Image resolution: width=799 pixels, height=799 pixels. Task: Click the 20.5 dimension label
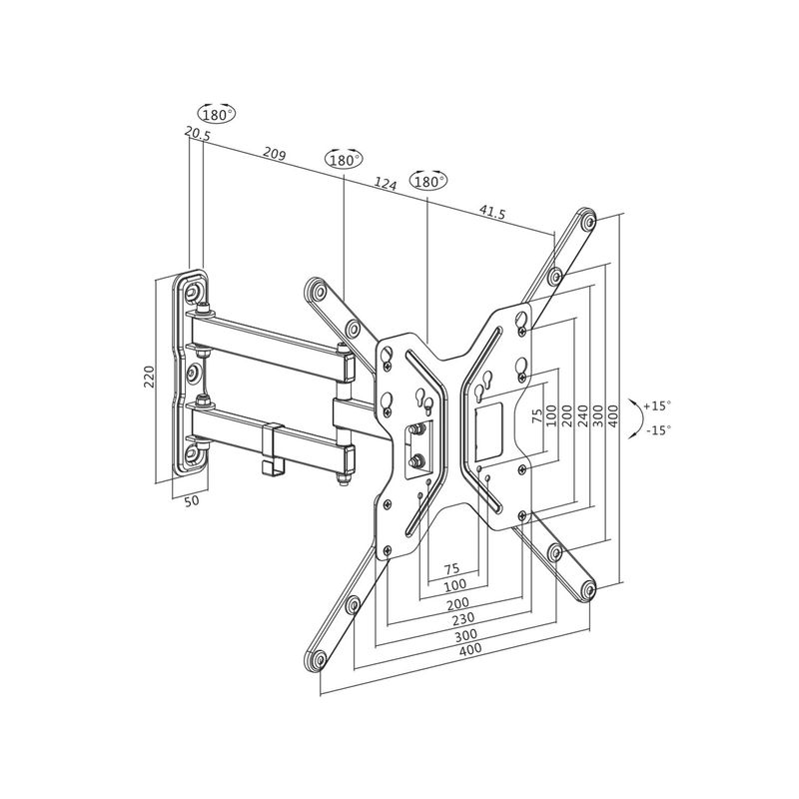click(197, 133)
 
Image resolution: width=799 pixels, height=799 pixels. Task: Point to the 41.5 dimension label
click(491, 212)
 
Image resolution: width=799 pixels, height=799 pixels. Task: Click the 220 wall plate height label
click(149, 376)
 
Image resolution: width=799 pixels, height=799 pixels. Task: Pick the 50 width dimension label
click(192, 500)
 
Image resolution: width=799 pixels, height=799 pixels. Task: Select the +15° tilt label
click(657, 405)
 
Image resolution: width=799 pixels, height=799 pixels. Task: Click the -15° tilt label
click(657, 429)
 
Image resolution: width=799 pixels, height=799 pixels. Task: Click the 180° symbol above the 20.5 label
click(217, 114)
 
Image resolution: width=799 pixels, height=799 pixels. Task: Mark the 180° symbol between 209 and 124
click(344, 160)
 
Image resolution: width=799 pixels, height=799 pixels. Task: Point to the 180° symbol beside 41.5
click(428, 182)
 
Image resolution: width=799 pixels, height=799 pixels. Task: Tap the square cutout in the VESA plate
click(489, 422)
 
